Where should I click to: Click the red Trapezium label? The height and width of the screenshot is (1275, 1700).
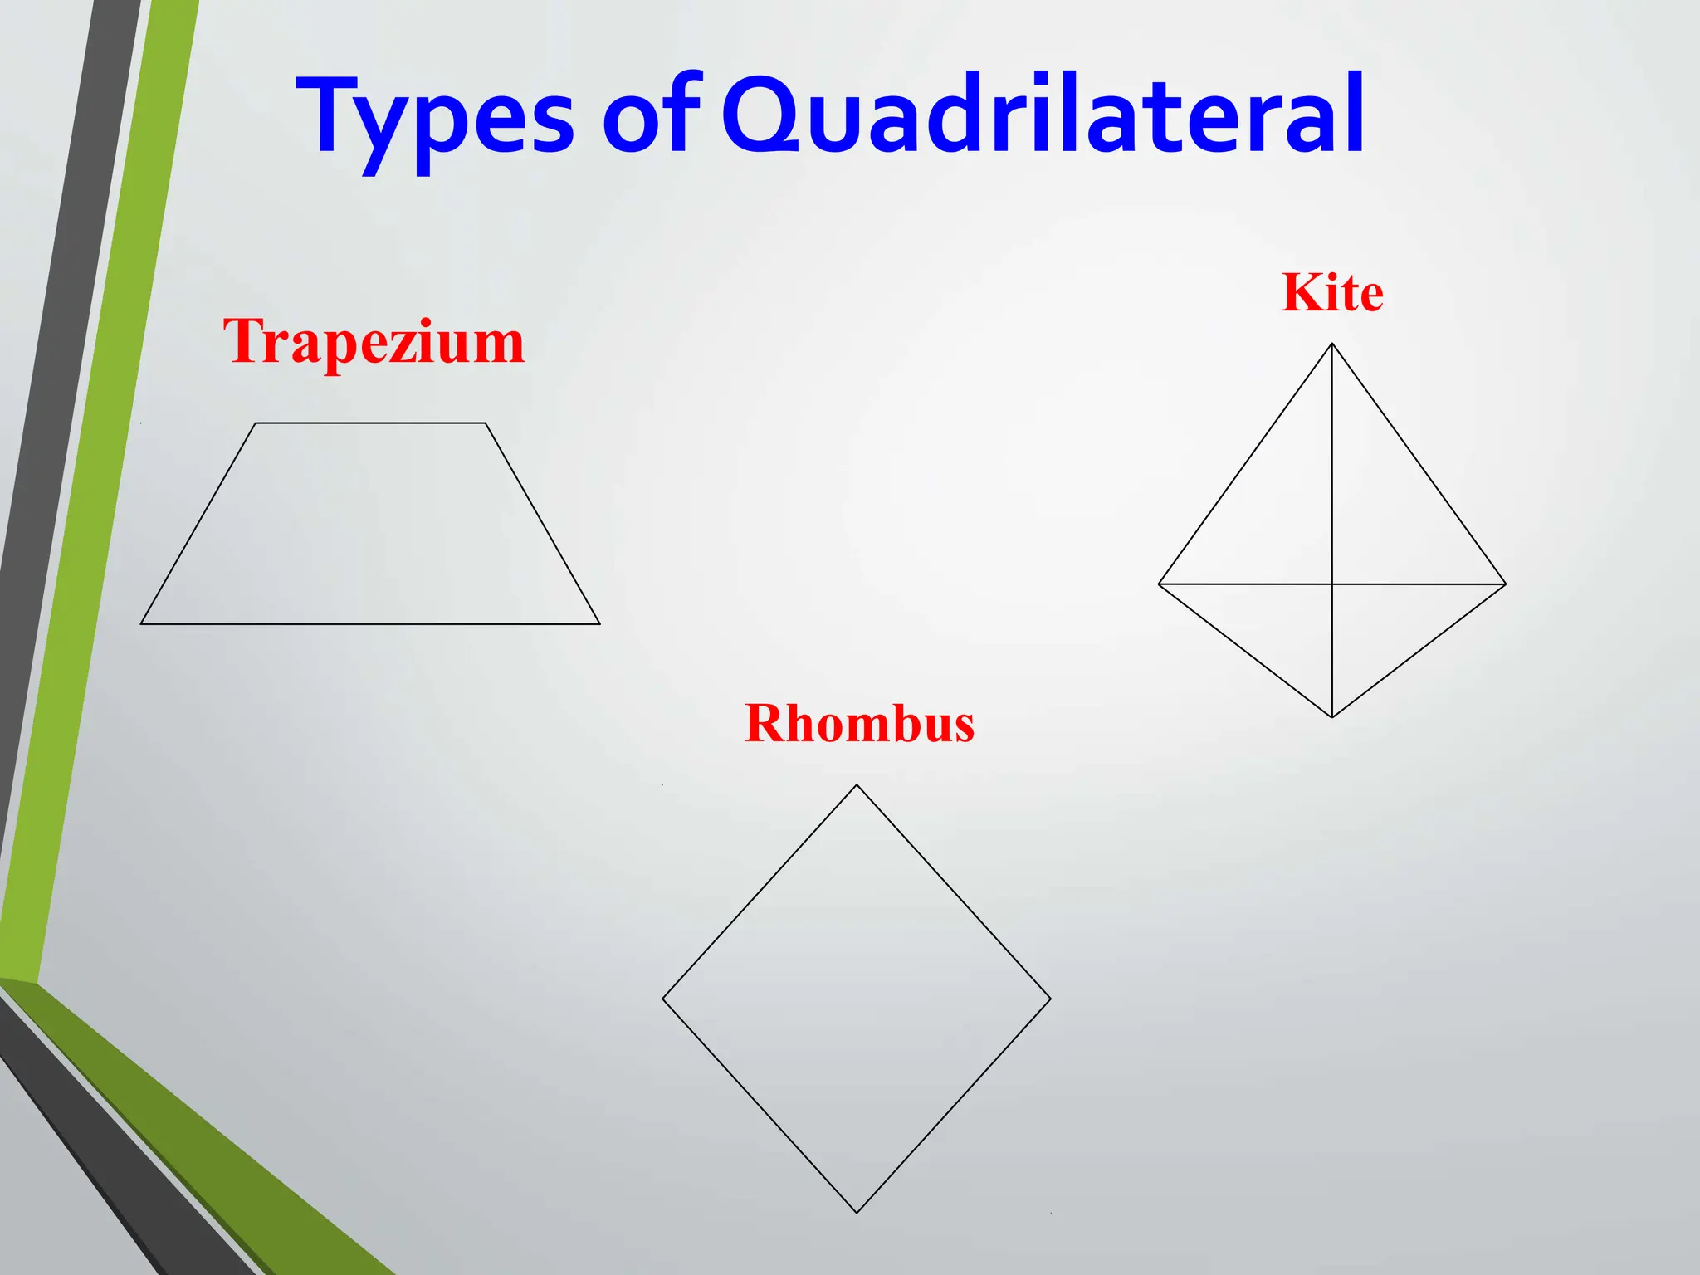[x=374, y=342]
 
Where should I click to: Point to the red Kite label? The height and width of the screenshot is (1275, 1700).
[x=1331, y=293]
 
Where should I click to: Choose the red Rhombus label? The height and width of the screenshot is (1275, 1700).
[x=859, y=724]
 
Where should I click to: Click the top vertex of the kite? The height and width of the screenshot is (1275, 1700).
[x=1331, y=344]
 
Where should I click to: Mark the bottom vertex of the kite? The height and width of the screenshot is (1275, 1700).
[x=1331, y=717]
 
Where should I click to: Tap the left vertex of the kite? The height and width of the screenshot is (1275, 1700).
[x=1159, y=584]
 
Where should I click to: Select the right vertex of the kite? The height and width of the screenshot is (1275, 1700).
[x=1505, y=584]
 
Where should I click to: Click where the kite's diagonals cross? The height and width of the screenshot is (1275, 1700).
[x=1331, y=584]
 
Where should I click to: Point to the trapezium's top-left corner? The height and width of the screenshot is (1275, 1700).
[x=255, y=423]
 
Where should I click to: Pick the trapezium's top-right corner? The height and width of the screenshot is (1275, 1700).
[x=486, y=423]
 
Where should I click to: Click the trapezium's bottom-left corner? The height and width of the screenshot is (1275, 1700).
[x=141, y=623]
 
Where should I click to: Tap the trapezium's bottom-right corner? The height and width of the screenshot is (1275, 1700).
[x=599, y=623]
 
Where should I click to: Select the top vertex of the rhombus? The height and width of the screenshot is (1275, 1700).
[x=857, y=785]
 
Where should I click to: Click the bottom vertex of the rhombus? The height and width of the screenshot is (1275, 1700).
[x=857, y=1213]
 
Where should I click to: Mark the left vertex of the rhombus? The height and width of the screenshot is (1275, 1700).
[x=662, y=999]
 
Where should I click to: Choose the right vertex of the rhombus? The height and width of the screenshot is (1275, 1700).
[x=1051, y=999]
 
